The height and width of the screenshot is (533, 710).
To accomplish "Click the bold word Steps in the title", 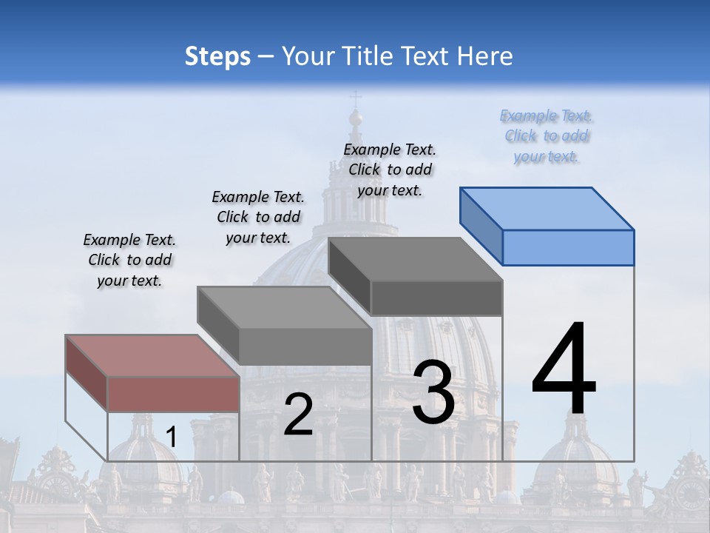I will click(217, 56).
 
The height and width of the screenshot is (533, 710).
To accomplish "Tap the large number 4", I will click(564, 370).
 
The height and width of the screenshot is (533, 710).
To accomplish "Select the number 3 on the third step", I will click(433, 392).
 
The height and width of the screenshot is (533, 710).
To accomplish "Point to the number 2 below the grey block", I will click(298, 415).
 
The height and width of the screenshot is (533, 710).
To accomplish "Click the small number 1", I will click(171, 438).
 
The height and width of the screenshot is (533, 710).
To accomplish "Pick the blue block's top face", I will click(547, 208).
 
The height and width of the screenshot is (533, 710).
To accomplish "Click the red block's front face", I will click(173, 394).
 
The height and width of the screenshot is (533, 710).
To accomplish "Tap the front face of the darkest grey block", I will click(436, 298).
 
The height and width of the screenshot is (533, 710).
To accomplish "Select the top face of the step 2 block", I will click(284, 307).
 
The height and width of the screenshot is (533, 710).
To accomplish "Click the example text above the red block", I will click(129, 260).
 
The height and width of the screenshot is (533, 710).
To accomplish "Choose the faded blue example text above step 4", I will click(547, 135).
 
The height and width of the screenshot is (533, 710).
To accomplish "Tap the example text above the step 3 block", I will click(390, 170).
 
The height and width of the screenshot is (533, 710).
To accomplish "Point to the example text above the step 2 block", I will click(258, 217).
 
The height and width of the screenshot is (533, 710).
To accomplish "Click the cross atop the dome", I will click(356, 98).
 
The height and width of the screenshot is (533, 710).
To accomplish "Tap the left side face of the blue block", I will click(481, 227).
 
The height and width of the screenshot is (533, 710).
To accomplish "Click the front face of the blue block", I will click(568, 247).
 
